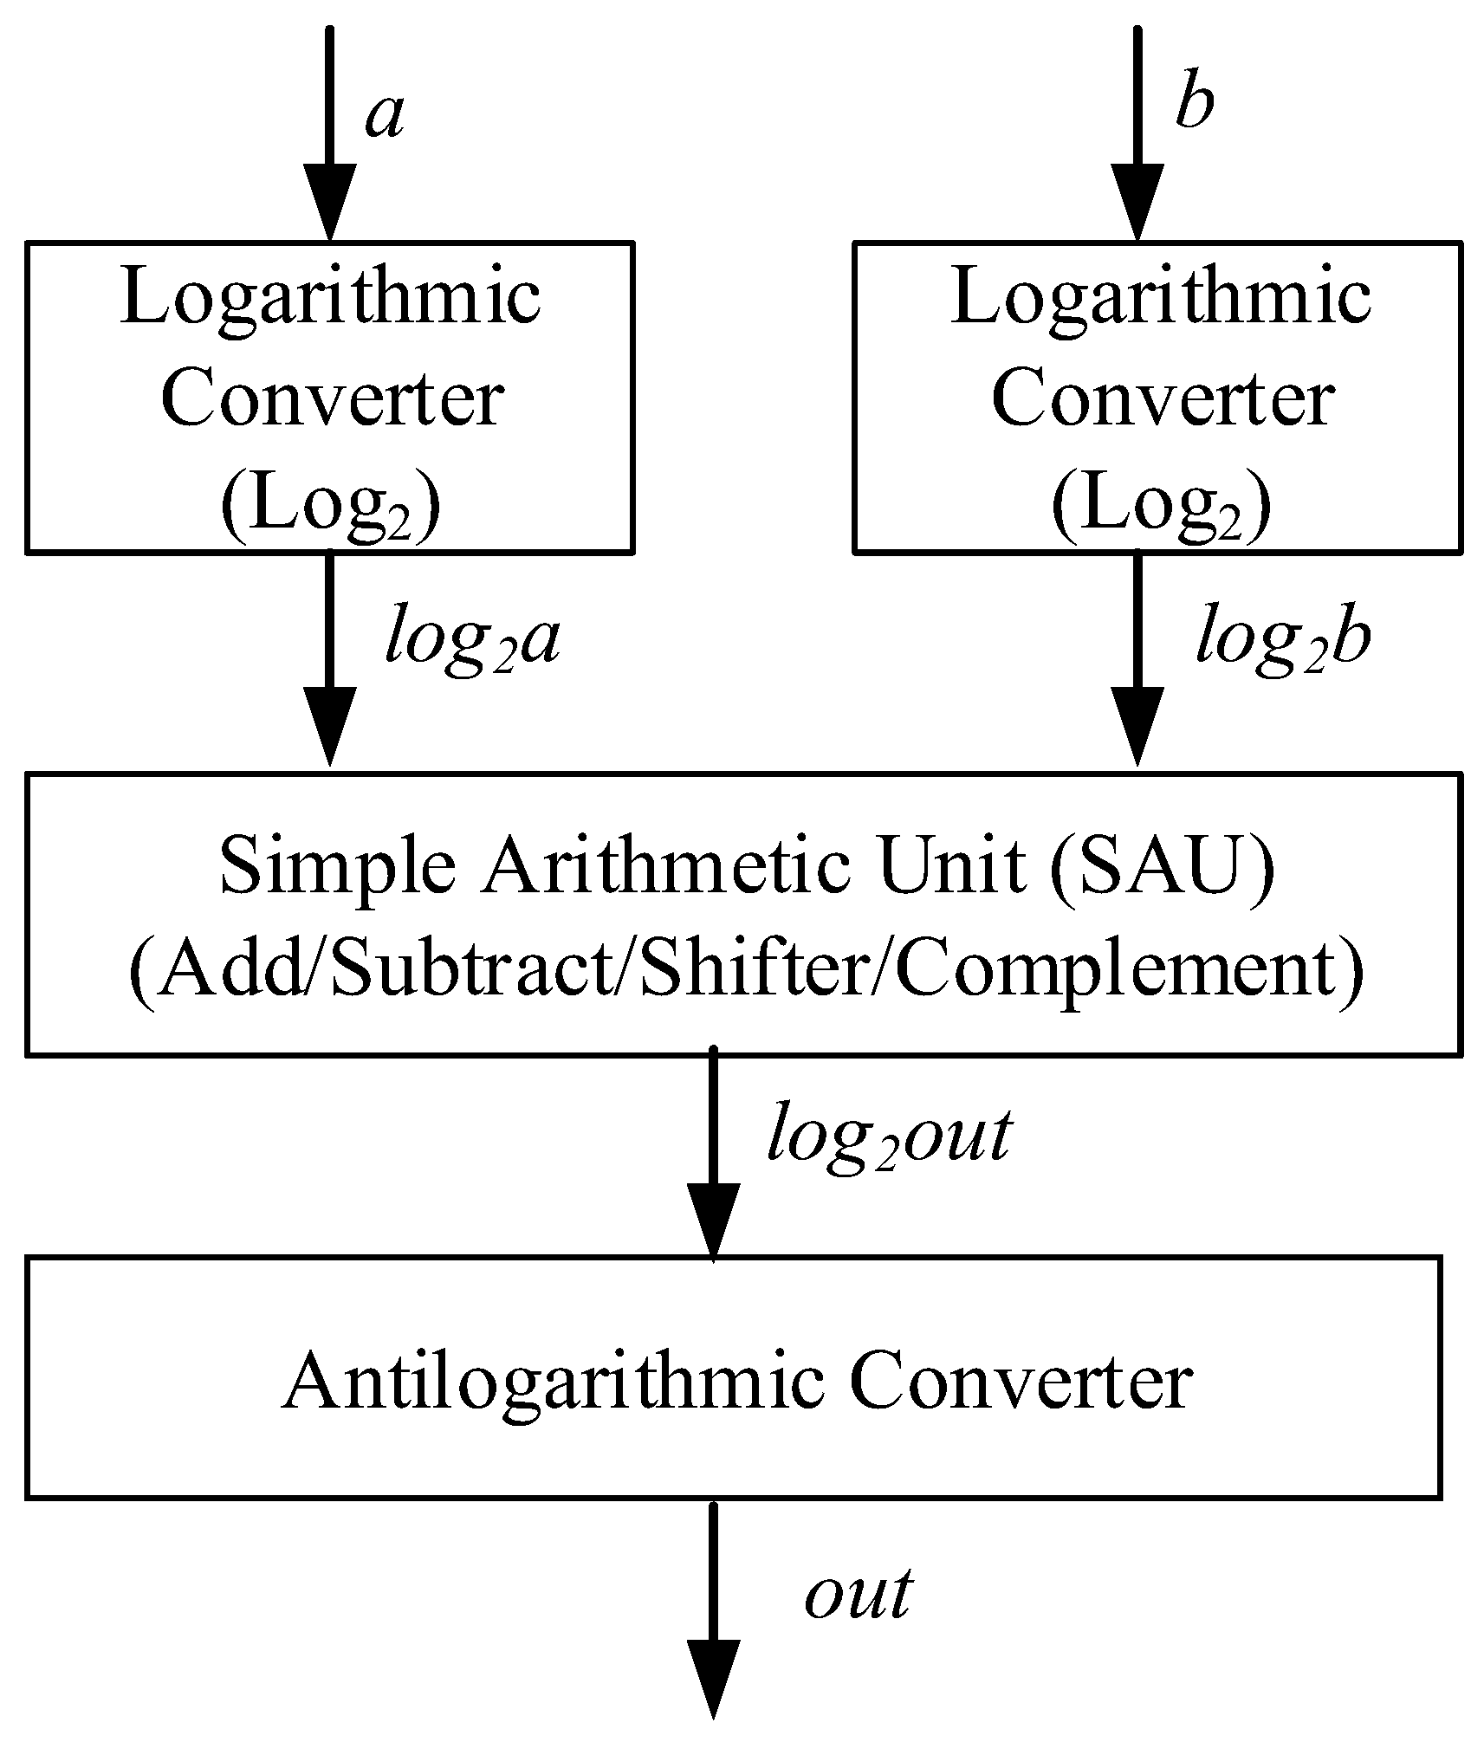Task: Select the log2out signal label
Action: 889,1135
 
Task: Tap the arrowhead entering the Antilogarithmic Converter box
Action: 713,1221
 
